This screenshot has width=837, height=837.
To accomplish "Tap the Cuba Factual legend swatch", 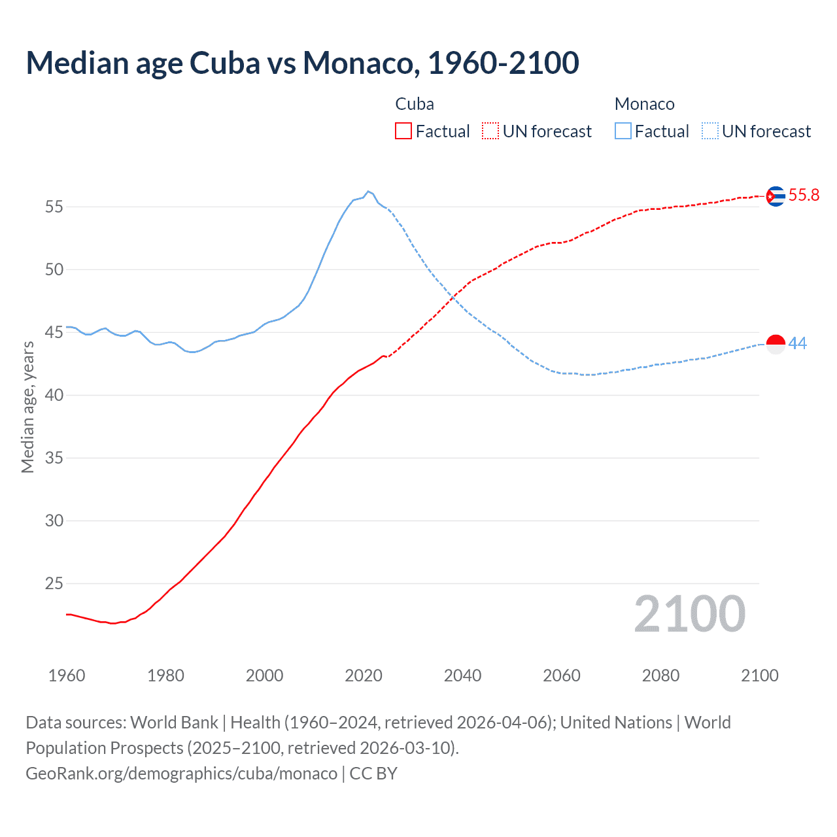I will tap(403, 131).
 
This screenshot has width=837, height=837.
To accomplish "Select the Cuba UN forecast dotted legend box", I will tap(490, 131).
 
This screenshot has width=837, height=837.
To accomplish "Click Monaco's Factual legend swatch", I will tap(623, 131).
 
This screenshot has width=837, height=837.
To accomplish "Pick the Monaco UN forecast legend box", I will tap(710, 131).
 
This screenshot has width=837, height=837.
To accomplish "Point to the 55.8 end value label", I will tap(804, 195).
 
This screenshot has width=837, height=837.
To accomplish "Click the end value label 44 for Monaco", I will tap(798, 343).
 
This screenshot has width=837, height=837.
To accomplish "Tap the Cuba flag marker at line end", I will tap(776, 196).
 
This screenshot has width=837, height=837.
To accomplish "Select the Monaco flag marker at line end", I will tap(776, 344).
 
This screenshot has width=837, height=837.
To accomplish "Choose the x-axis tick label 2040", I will tap(462, 675).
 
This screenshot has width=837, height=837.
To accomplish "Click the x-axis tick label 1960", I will tap(67, 675).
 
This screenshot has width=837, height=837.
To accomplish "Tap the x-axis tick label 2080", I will tap(660, 675).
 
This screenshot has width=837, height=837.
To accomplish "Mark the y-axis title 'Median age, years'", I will tap(27, 407).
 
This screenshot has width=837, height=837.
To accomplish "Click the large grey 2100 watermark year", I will tap(689, 614).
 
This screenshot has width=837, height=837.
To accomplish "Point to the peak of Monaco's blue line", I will tap(368, 191).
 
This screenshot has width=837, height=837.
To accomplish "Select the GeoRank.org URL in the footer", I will tap(181, 774).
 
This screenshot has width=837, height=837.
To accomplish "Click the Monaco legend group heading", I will tap(644, 104).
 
